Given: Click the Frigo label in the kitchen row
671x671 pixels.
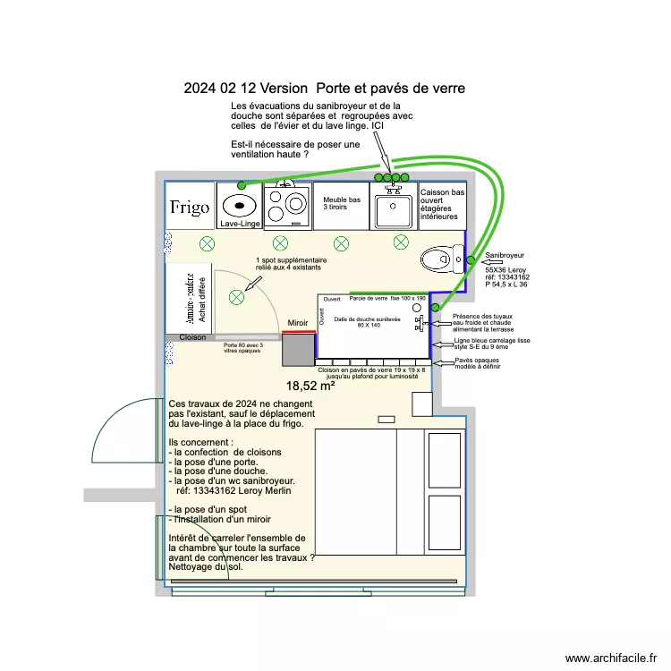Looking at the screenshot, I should point(190,208).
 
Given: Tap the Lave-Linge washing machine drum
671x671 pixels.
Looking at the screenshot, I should point(240,204).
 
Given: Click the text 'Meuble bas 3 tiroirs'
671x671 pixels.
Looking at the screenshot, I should point(342,203).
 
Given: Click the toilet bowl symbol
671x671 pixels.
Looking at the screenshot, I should point(439,259).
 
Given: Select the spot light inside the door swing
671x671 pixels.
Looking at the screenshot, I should point(237,297).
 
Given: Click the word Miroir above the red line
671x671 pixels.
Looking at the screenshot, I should point(298,322).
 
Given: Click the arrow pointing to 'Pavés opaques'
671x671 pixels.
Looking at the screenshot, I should point(443,362).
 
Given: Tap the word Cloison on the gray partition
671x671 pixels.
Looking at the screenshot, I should point(192,337).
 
